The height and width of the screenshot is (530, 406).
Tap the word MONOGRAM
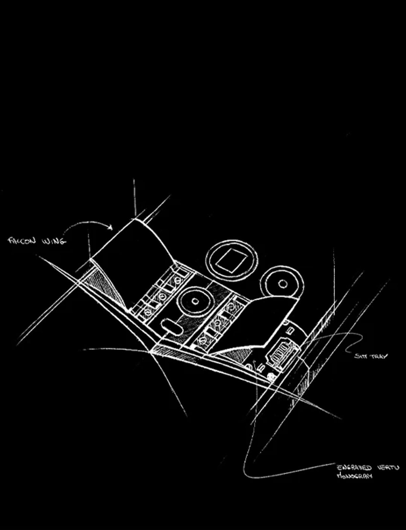coord(354,476)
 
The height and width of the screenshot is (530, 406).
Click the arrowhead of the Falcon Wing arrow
coord(111,227)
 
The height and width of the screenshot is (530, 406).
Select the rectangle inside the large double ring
coord(232,260)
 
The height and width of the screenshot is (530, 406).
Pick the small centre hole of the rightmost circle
coord(283,284)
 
